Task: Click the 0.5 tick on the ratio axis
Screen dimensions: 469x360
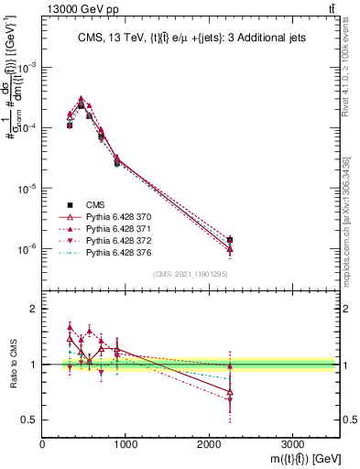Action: coord(29,420)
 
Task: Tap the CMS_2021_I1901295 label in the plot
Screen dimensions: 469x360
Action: coord(190,274)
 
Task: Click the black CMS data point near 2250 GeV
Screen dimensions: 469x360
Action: coord(230,240)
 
